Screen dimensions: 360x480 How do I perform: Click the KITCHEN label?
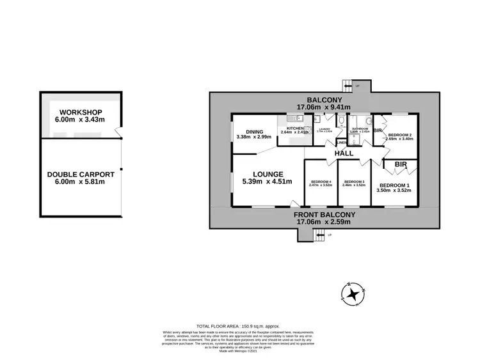[x=295, y=129]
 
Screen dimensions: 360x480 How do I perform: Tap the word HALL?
[x=345, y=154]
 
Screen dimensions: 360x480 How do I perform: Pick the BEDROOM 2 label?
[x=401, y=135]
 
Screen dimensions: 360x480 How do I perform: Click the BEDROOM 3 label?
[x=354, y=182]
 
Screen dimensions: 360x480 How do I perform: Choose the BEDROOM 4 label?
[x=321, y=182]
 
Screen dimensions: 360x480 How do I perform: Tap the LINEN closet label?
[x=342, y=143]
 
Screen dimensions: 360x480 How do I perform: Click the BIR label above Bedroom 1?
[x=401, y=165]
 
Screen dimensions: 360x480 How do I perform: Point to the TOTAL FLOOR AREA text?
[x=239, y=326]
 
